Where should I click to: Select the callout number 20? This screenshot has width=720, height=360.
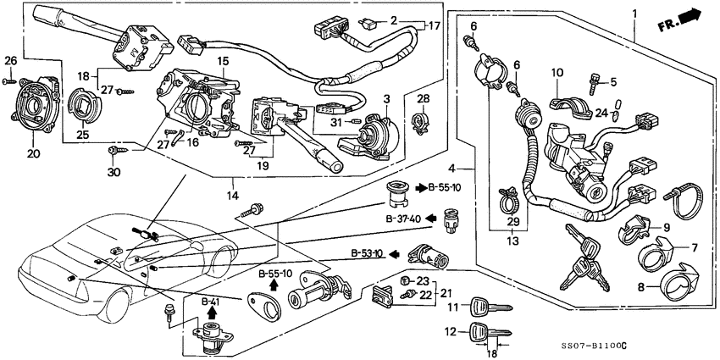[x=34, y=154]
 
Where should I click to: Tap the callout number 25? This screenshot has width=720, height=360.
[x=82, y=136]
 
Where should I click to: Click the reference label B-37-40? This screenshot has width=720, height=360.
[x=404, y=219]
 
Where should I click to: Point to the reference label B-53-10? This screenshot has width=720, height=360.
[x=368, y=253]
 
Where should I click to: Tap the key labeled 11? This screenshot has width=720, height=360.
[x=489, y=307]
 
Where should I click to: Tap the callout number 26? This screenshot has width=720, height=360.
[x=9, y=60]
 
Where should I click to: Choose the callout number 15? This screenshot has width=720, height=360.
[x=222, y=61]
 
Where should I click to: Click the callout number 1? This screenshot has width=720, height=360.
[x=634, y=12]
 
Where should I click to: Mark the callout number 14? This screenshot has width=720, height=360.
[x=234, y=196]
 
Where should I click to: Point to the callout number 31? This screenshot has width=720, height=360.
[x=336, y=122]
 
